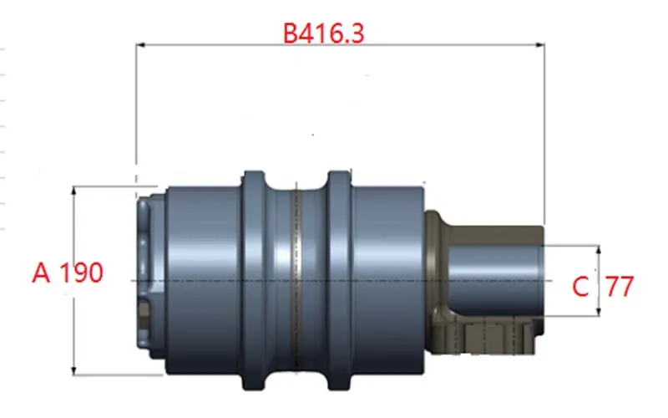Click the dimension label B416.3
pos(324,33)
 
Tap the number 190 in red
pos(81,273)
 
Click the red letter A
pos(41,273)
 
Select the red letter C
pos(580,287)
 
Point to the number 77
pos(620,287)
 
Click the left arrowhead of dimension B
pos(140,44)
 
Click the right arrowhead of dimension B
pos(539,44)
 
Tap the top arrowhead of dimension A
pos(73,191)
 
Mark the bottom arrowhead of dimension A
pos(73,370)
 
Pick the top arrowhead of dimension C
pos(599,250)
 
